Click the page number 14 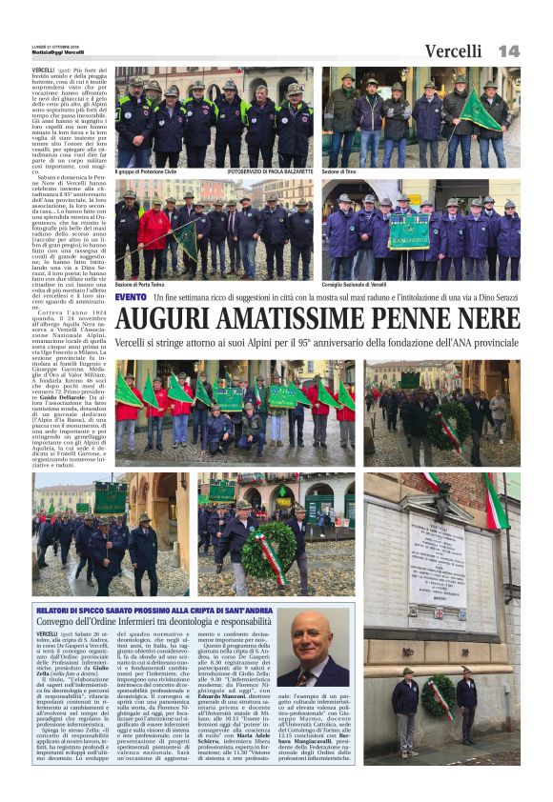tap(507, 50)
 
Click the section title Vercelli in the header tap(453, 51)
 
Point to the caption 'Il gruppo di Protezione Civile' tap(154, 171)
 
